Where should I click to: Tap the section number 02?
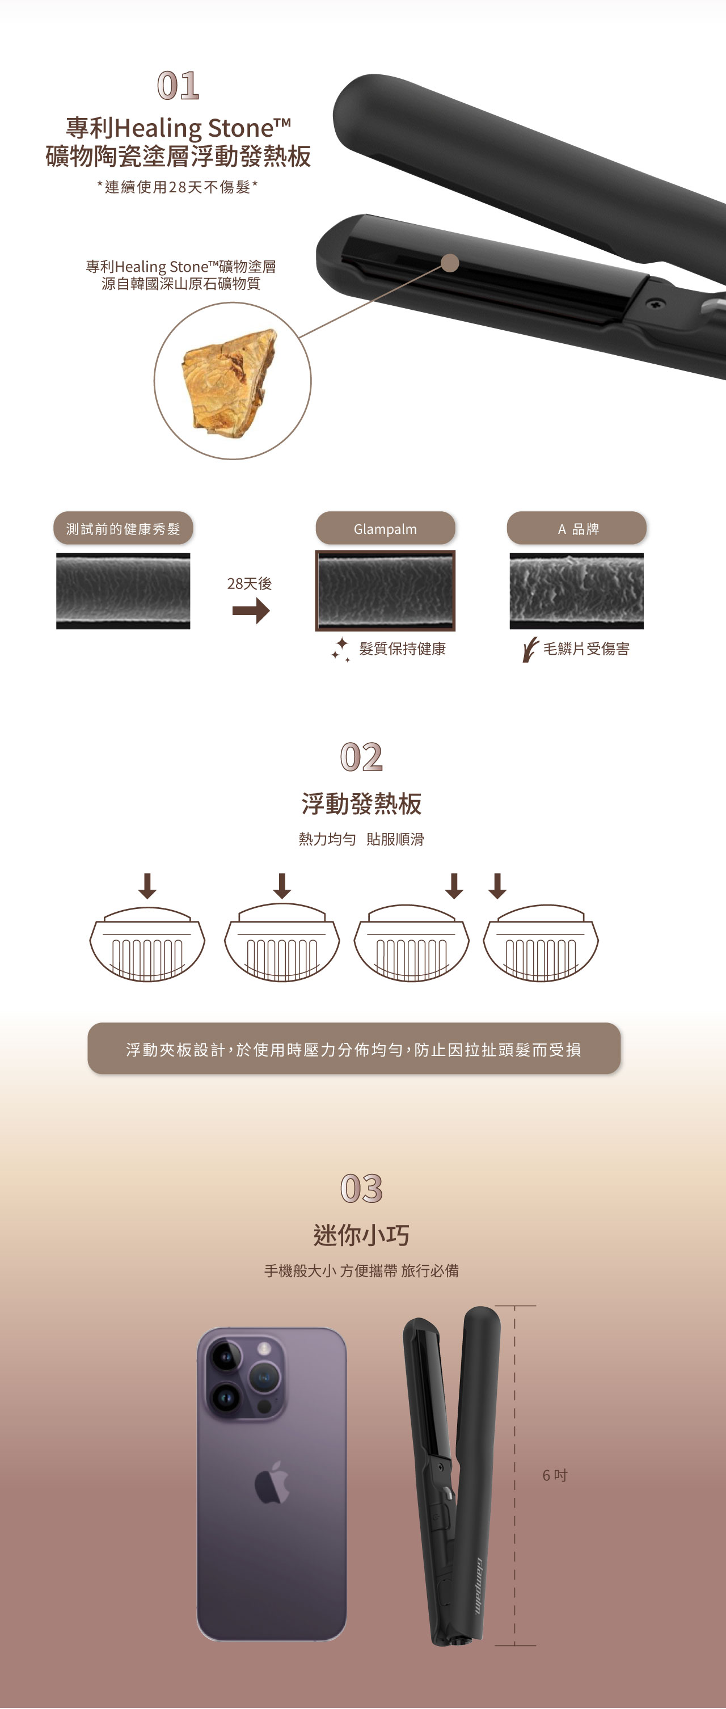point(361,756)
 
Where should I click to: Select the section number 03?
point(361,1188)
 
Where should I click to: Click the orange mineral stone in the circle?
point(229,383)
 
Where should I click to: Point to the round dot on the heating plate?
point(450,263)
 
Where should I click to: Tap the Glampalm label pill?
point(385,528)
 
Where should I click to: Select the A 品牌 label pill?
point(577,528)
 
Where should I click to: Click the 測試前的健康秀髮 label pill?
point(123,528)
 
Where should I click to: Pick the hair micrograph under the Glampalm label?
point(385,591)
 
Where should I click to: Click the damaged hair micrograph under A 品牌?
point(577,591)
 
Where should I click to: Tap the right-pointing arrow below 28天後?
point(251,611)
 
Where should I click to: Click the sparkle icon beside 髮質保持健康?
point(341,650)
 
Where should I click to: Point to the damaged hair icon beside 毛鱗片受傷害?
point(530,650)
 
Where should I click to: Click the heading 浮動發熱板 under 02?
point(361,803)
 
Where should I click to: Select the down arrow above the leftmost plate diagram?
point(147,886)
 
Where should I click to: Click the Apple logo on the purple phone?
point(272,1482)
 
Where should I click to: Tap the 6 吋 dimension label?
point(555,1475)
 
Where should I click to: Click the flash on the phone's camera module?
point(264,1348)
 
